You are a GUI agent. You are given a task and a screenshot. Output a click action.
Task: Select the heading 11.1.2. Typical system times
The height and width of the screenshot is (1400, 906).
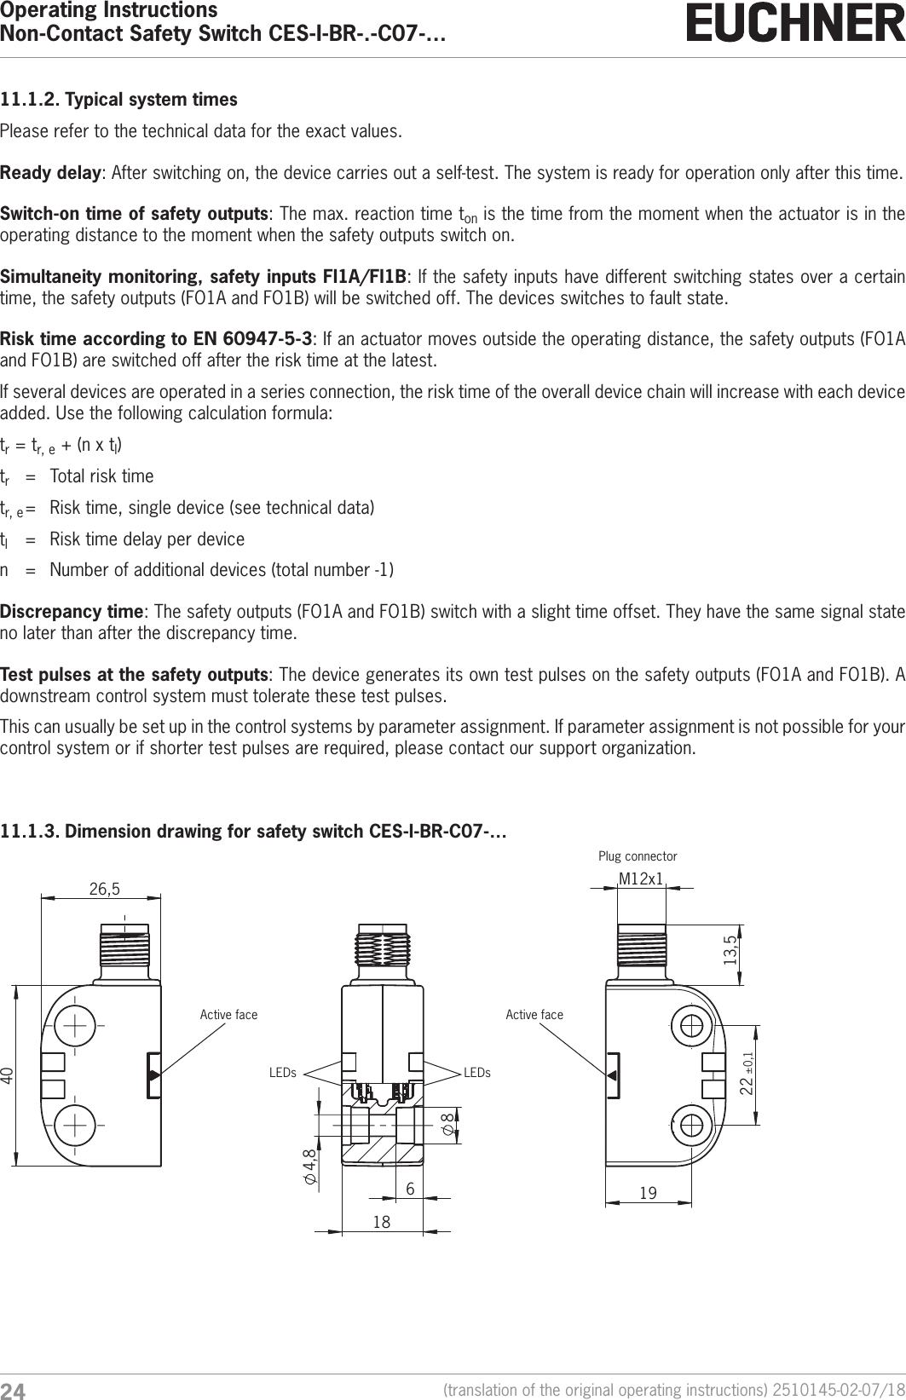pyautogui.click(x=118, y=100)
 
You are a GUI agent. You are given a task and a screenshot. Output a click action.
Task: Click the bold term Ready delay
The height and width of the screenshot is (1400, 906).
pyautogui.click(x=50, y=175)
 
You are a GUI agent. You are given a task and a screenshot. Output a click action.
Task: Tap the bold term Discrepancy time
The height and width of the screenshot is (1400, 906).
pyautogui.click(x=71, y=612)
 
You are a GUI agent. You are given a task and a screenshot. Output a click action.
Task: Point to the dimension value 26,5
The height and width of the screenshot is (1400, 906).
pyautogui.click(x=104, y=889)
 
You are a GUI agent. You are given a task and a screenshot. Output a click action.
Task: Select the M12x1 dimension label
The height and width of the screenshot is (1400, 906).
pyautogui.click(x=641, y=879)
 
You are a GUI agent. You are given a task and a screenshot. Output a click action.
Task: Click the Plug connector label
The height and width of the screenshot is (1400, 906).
pyautogui.click(x=638, y=856)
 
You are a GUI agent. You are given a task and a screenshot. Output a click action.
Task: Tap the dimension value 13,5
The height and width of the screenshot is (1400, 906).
pyautogui.click(x=730, y=950)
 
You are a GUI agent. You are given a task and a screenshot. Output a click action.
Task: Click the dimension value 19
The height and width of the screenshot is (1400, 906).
pyautogui.click(x=648, y=1194)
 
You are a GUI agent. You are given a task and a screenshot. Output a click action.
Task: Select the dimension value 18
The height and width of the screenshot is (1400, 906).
pyautogui.click(x=381, y=1222)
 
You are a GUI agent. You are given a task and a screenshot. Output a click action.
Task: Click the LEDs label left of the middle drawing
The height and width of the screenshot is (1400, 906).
pyautogui.click(x=283, y=1073)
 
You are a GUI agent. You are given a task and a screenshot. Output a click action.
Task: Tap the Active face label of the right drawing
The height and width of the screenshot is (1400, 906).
pyautogui.click(x=534, y=1014)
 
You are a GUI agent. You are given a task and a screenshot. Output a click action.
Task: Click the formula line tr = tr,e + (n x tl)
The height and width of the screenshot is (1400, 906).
pyautogui.click(x=66, y=446)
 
